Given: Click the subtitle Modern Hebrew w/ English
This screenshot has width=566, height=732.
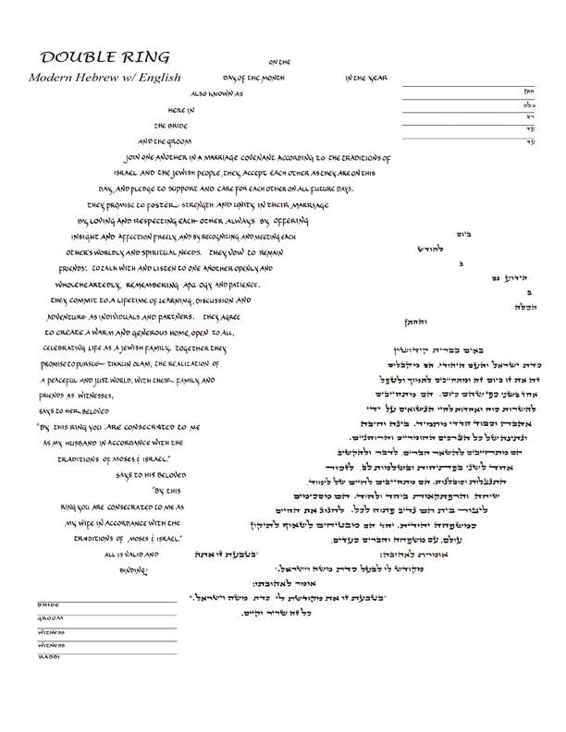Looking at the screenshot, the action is click(103, 77).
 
